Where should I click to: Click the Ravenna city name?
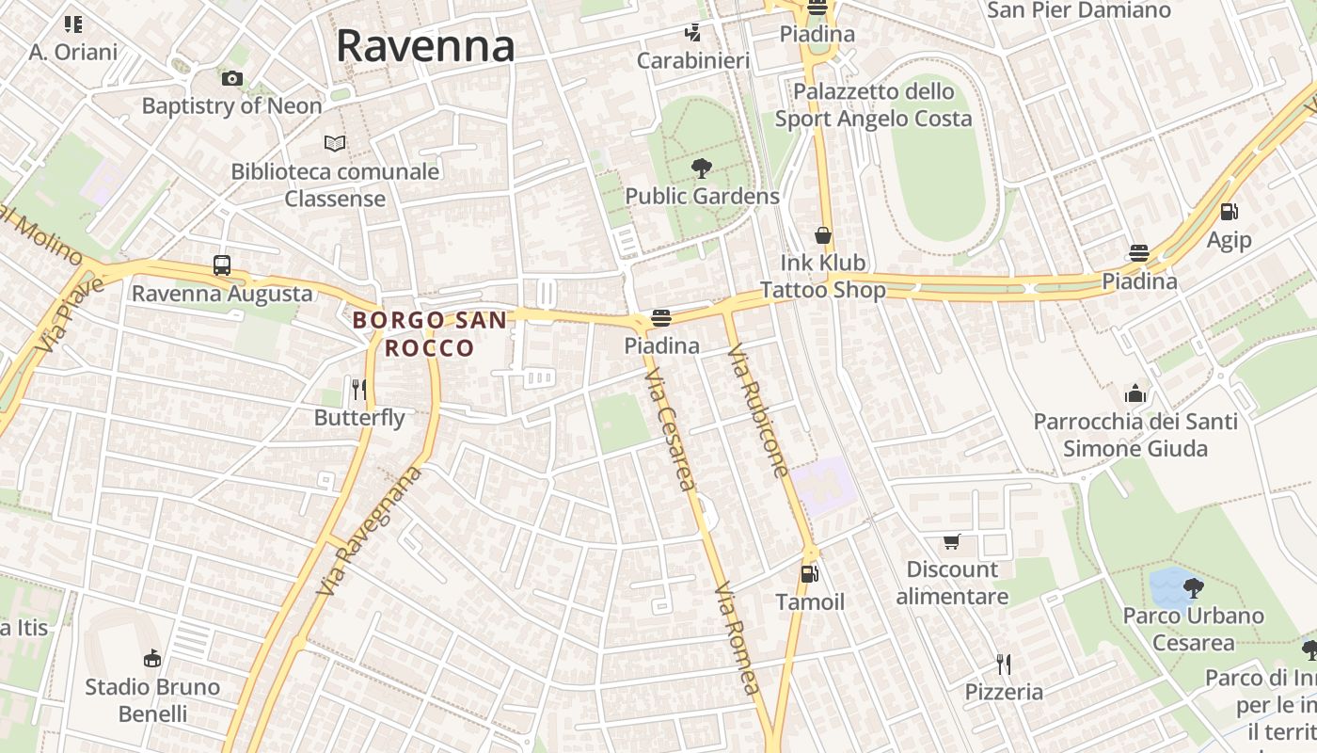pos(425,45)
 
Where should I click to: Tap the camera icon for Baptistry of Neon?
pos(231,78)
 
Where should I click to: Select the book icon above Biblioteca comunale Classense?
pos(335,144)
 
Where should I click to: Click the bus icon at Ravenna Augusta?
pos(222,265)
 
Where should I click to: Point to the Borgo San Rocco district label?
pos(430,333)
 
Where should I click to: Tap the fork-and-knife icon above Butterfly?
pos(358,389)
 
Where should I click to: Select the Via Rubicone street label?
pos(757,410)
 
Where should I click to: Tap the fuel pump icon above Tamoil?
pos(809,573)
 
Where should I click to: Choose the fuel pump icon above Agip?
pos(1229,212)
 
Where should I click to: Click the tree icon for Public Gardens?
pos(701,168)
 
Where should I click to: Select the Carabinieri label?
pos(693,61)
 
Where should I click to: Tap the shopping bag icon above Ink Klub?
pos(823,234)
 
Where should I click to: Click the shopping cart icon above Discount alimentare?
pos(952,541)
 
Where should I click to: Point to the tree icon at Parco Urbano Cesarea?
pos(1194,588)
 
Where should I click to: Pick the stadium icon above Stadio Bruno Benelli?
pos(152,657)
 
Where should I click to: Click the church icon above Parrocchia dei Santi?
pos(1135,393)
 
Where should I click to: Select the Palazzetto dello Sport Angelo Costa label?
pos(873,105)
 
